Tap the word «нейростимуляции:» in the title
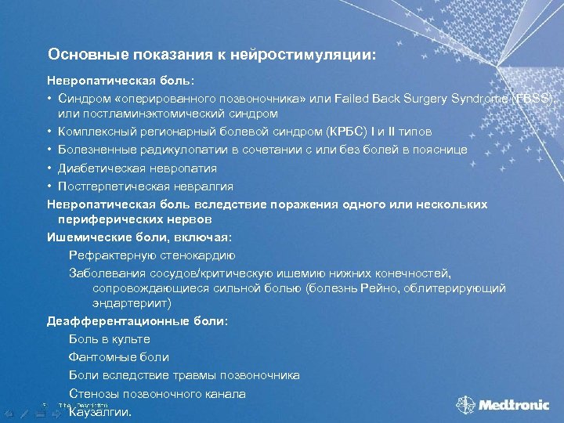point(313,55)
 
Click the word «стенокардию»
point(195,255)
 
